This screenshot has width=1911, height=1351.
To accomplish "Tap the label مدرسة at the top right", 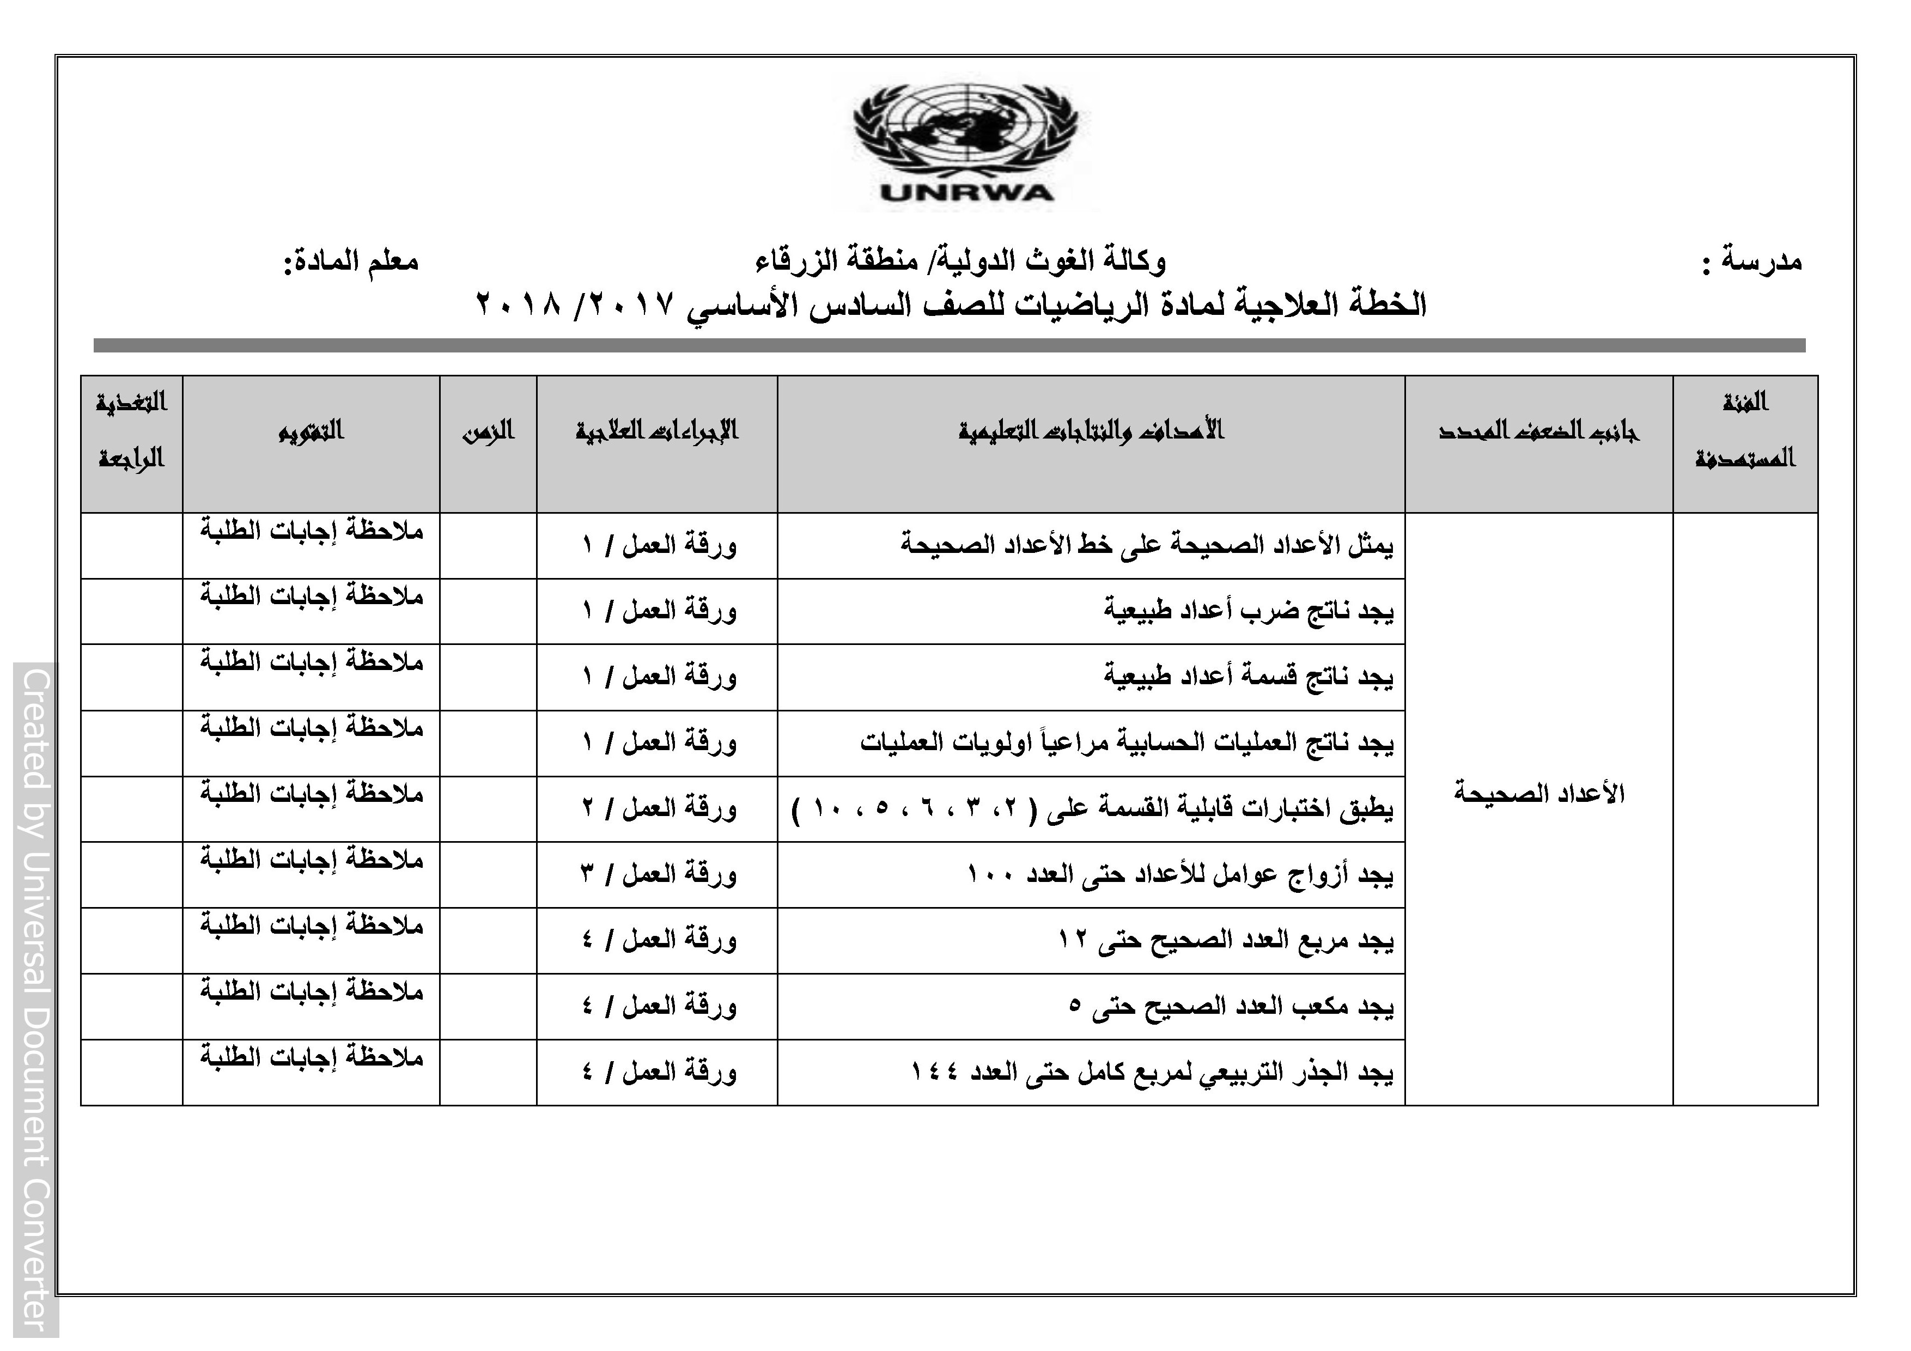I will pyautogui.click(x=1760, y=261).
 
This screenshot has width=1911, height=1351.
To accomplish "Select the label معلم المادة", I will pyautogui.click(x=351, y=261).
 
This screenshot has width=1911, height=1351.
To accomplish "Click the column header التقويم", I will pyautogui.click(x=311, y=431).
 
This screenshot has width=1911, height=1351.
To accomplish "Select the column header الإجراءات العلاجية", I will pyautogui.click(x=656, y=431).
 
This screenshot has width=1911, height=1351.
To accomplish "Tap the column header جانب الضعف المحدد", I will pyautogui.click(x=1538, y=431).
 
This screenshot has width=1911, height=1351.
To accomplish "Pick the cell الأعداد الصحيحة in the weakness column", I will pyautogui.click(x=1539, y=793).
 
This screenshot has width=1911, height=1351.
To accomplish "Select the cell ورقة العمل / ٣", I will pyautogui.click(x=659, y=874).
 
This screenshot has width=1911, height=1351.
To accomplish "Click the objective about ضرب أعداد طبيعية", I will pyautogui.click(x=1249, y=611).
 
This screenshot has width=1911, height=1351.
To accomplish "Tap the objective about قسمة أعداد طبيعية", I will pyautogui.click(x=1249, y=677).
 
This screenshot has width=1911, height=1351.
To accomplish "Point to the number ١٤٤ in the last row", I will pyautogui.click(x=940, y=1072).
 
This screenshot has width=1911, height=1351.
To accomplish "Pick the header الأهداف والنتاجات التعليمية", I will pyautogui.click(x=1091, y=431).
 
